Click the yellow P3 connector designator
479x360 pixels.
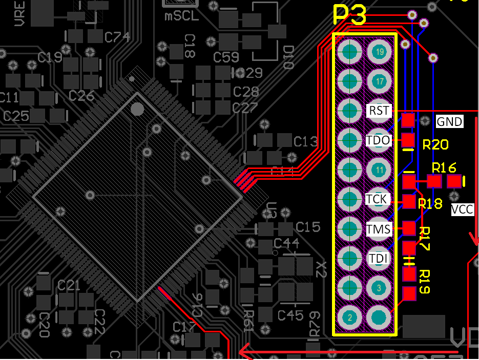[x=350, y=16]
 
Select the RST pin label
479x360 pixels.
[x=379, y=110]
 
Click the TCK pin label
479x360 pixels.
[x=378, y=199]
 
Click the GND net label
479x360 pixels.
[x=449, y=122]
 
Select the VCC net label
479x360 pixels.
[x=462, y=209]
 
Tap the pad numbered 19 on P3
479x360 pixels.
[x=380, y=52]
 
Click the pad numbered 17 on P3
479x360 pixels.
[x=380, y=81]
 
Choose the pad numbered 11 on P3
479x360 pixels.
[x=380, y=170]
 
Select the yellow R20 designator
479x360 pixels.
[x=435, y=145]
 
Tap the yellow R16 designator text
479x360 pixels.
[x=444, y=168]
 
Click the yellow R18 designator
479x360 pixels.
[x=430, y=204]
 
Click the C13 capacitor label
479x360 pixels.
[x=306, y=141]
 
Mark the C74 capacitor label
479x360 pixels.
[x=117, y=37]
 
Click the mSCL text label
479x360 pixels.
[x=181, y=16]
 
